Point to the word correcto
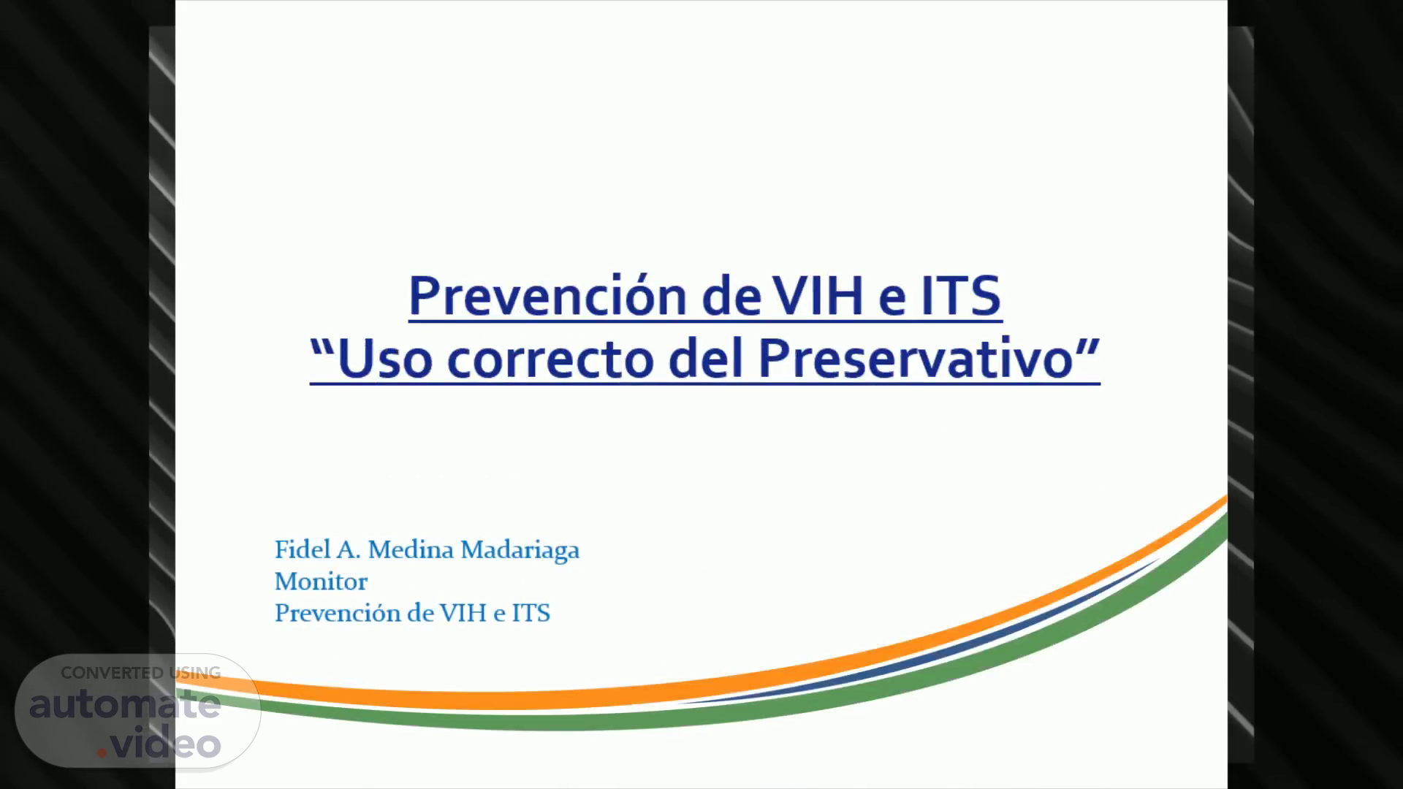pyautogui.click(x=550, y=360)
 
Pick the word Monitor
pyautogui.click(x=321, y=582)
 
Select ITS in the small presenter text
pyautogui.click(x=531, y=613)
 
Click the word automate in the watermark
pyautogui.click(x=125, y=706)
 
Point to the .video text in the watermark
pyautogui.click(x=159, y=744)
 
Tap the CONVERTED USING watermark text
pyautogui.click(x=140, y=673)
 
